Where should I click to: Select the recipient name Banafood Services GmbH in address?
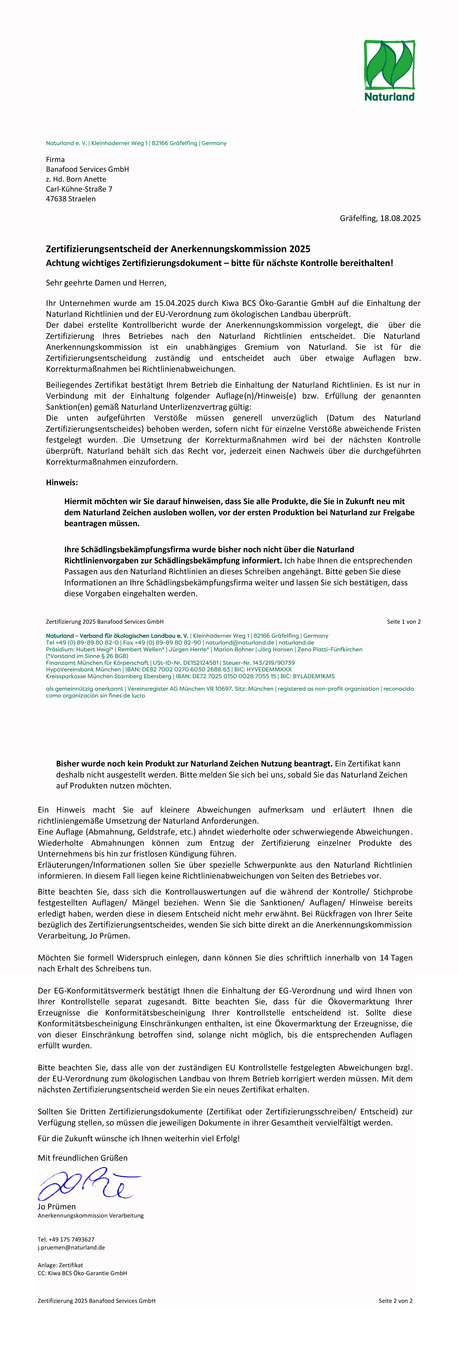(87, 169)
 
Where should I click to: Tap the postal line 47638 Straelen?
(71, 199)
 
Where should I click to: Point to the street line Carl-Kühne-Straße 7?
(79, 189)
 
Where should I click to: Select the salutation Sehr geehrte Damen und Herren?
(106, 283)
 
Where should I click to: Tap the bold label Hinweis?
(62, 483)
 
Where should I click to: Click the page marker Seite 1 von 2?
(403, 622)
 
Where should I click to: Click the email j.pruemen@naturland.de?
(71, 1247)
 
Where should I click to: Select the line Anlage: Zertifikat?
(60, 1265)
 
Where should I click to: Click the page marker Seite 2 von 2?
(395, 1300)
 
